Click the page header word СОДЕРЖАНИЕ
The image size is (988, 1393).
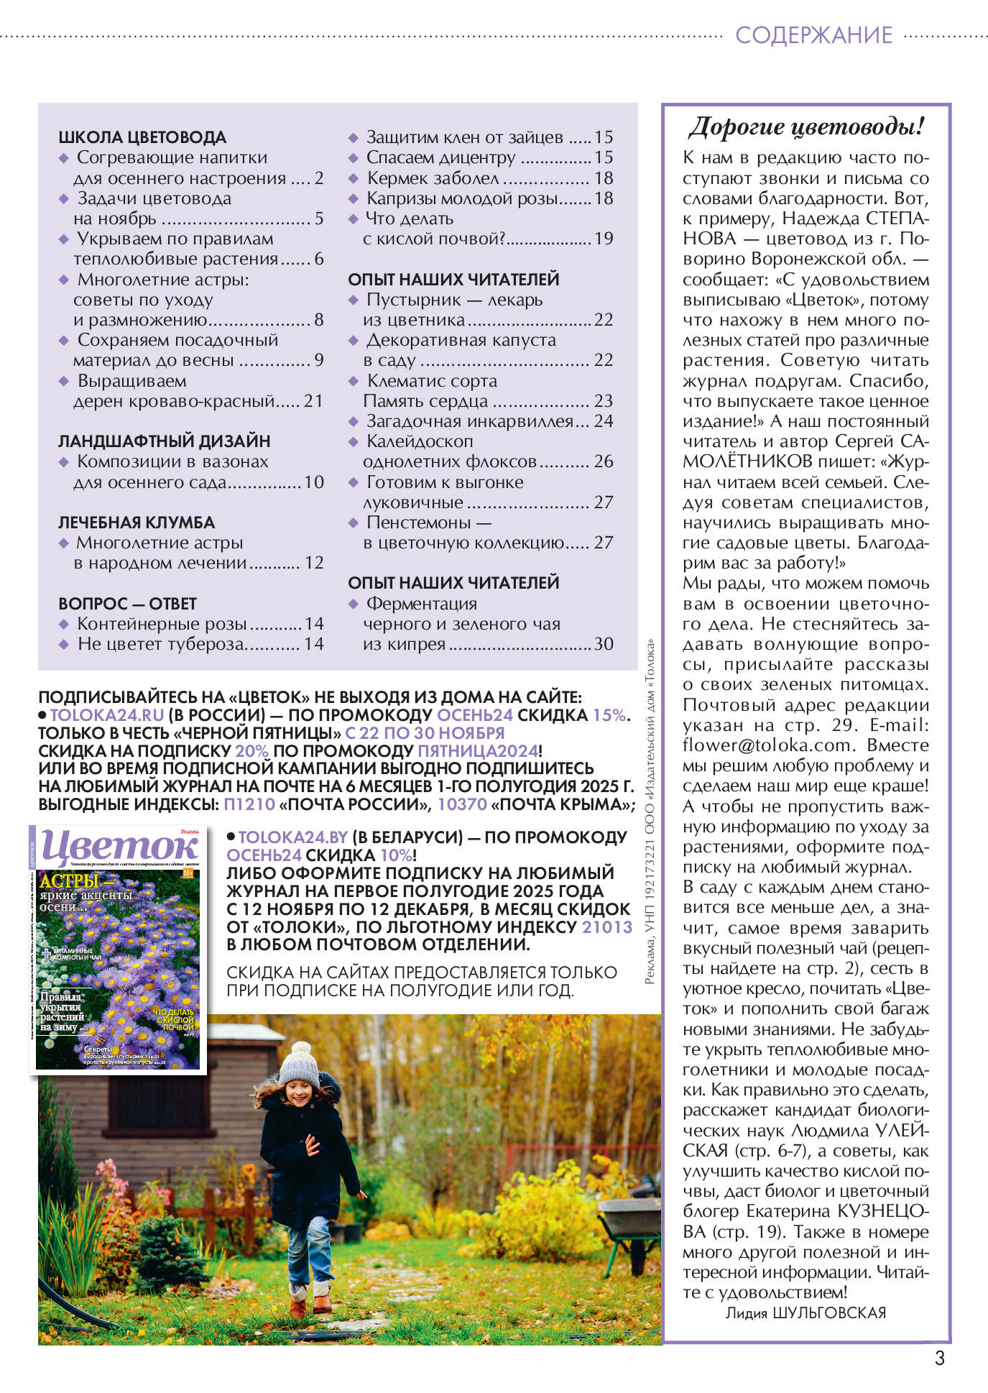tap(813, 35)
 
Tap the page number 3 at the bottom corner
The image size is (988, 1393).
tap(939, 1358)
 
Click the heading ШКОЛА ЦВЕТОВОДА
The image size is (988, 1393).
tap(142, 137)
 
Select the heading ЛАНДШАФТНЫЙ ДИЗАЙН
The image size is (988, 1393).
tap(164, 441)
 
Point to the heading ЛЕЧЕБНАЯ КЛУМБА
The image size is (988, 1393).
tap(137, 523)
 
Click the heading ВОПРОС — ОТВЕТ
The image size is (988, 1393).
tap(127, 604)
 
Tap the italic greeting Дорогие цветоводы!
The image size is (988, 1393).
tap(805, 127)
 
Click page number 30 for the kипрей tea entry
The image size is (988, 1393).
tap(604, 644)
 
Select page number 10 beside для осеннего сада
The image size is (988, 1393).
tap(314, 482)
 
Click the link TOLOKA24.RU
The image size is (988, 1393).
tap(107, 715)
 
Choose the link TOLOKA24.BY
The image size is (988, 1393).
tap(293, 837)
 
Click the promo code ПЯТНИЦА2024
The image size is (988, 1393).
tap(478, 751)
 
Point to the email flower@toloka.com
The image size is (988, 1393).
tap(767, 745)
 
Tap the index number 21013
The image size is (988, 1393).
tap(607, 927)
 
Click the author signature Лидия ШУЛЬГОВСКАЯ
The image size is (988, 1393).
tap(805, 1312)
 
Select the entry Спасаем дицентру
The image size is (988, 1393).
tap(440, 157)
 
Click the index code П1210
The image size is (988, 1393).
tap(249, 804)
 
